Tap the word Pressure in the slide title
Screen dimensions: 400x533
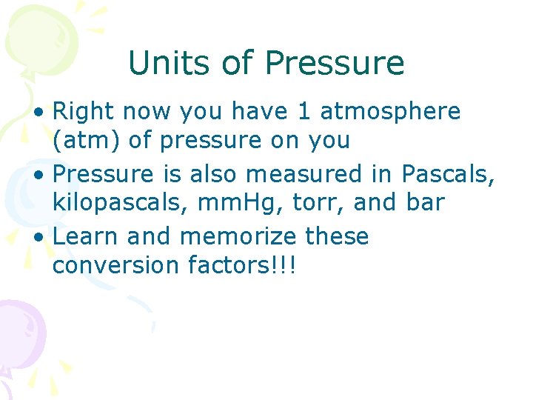[x=334, y=64]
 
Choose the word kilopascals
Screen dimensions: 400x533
[x=113, y=202]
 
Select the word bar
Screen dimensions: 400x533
[x=426, y=202]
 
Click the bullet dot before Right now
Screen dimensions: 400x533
[x=44, y=113]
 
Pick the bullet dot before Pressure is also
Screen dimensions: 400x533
[x=44, y=174]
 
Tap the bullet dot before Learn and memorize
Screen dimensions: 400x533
[x=44, y=237]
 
